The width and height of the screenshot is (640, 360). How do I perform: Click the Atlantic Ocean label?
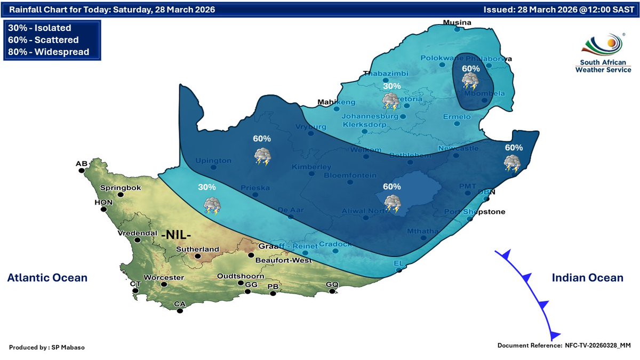coord(47,277)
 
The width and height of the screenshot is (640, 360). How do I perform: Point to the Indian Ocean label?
coord(587,277)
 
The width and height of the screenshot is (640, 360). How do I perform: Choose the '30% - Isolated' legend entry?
coord(40,28)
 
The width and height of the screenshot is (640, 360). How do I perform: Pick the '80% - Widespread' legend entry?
coord(49,52)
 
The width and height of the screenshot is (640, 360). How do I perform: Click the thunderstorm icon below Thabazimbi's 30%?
coord(391,101)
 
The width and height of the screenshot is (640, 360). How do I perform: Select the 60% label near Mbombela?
coord(470,69)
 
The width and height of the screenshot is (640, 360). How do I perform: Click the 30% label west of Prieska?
coord(207,187)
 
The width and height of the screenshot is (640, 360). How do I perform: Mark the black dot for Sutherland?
coord(197,257)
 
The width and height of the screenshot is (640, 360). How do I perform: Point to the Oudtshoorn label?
coord(240,276)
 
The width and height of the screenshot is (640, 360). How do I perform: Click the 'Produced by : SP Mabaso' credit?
coord(47,347)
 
